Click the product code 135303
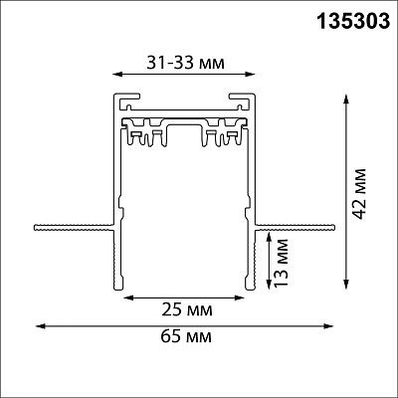353,22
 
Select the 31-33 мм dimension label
186,63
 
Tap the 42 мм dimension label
359,194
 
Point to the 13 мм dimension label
282,263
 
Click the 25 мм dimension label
187,310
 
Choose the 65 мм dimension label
186,337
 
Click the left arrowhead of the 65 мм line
40,326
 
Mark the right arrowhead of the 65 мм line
328,326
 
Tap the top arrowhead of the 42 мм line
346,99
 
